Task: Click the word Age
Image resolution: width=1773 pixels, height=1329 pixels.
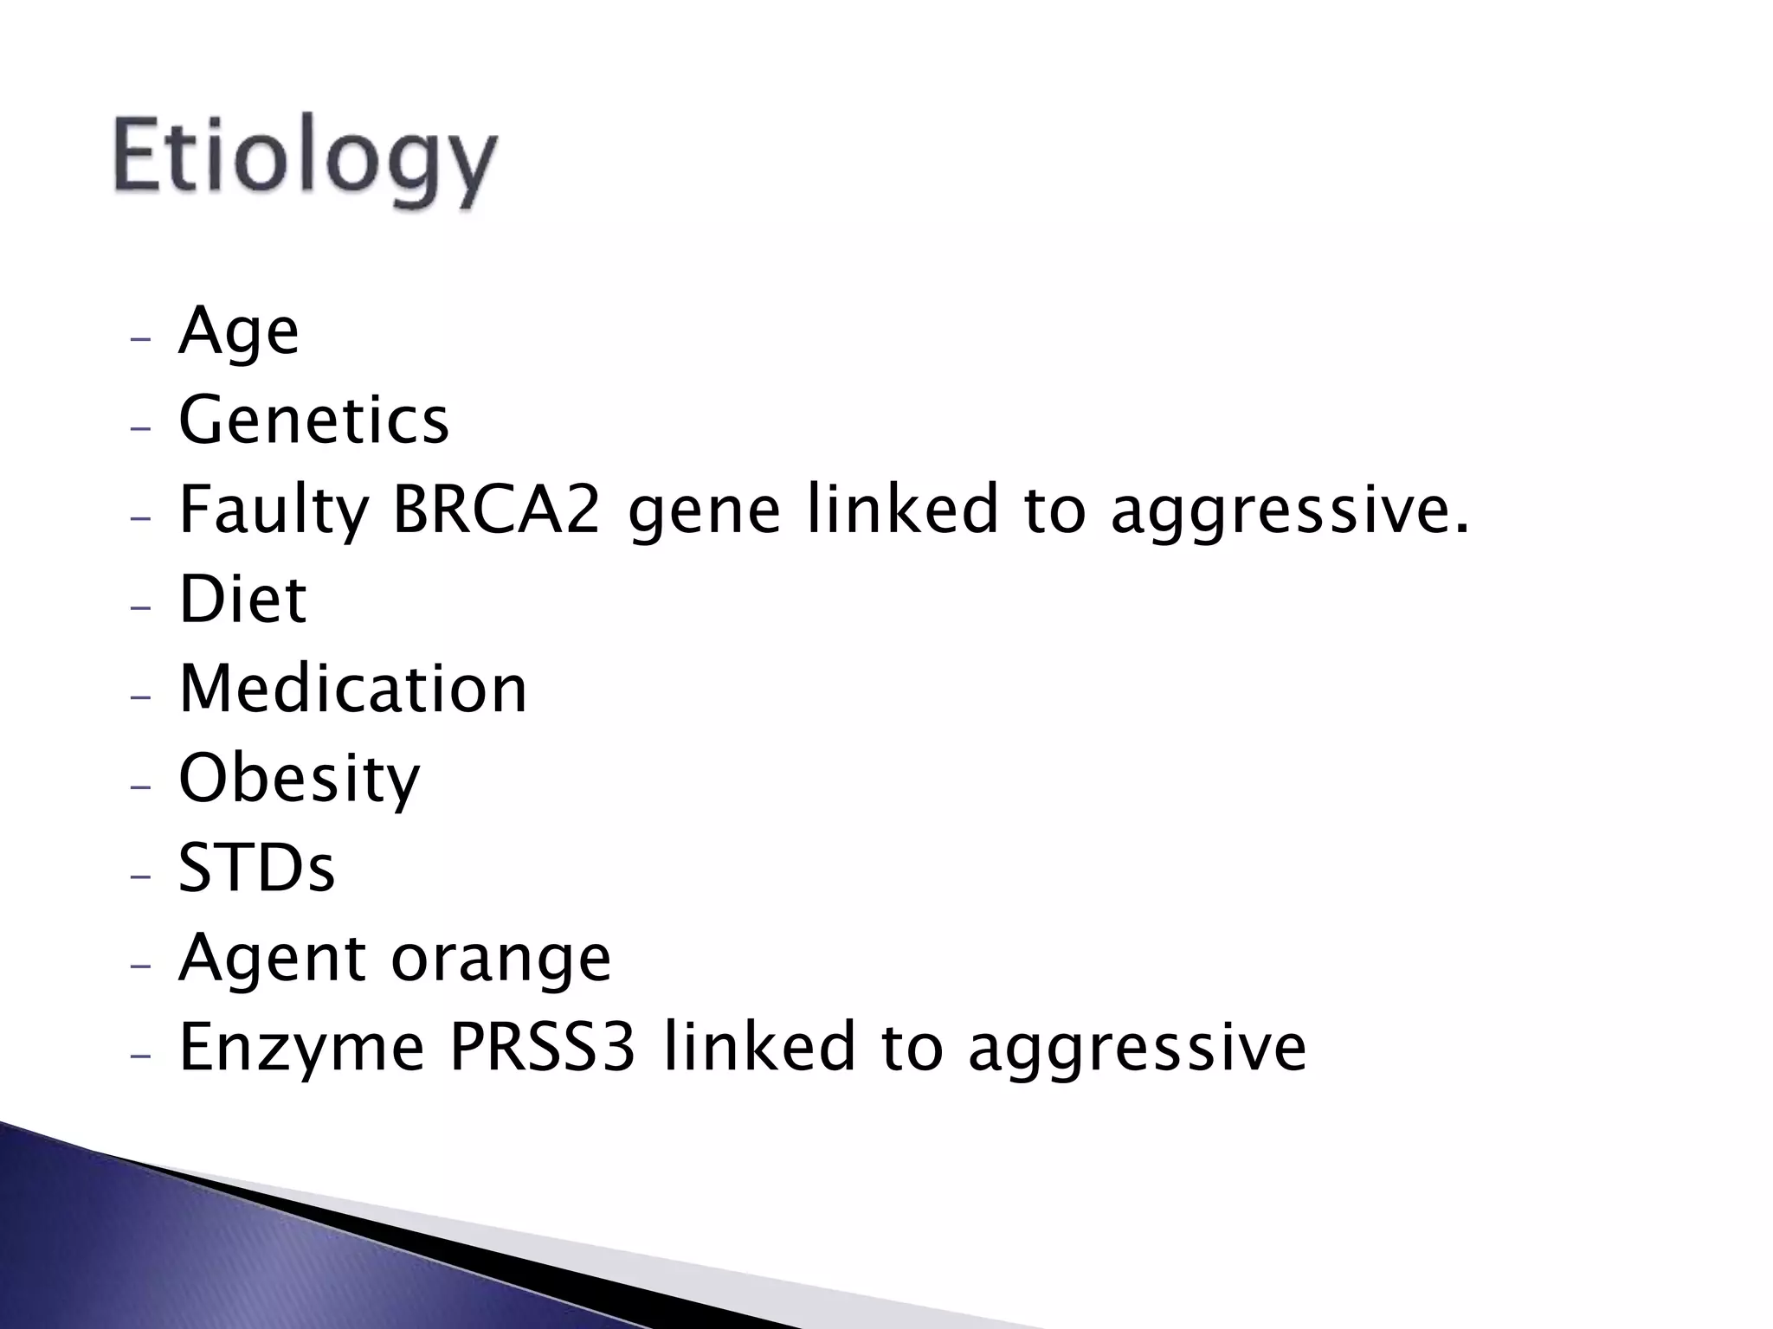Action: click(x=238, y=332)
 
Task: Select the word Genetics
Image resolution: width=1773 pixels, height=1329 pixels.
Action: click(x=313, y=421)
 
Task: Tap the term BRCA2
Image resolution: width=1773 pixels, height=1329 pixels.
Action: click(x=496, y=510)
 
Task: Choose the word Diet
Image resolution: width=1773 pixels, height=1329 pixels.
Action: click(x=242, y=600)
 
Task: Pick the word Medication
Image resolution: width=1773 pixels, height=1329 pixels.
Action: click(x=352, y=690)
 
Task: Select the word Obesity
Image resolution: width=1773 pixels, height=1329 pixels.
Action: click(x=299, y=780)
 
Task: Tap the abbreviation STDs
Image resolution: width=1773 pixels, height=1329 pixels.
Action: click(x=256, y=869)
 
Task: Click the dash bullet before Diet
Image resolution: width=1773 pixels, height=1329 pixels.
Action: click(x=139, y=607)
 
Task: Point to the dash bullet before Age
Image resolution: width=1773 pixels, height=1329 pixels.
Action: click(x=139, y=338)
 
